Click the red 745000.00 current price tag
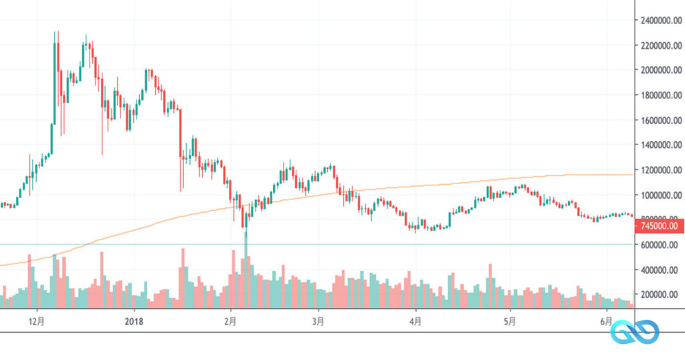[x=659, y=226]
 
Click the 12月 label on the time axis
[x=37, y=322]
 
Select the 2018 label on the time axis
[x=134, y=322]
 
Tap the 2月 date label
[x=231, y=322]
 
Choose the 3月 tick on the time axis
[x=318, y=322]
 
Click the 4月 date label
[x=415, y=322]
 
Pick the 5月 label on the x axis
[x=510, y=322]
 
